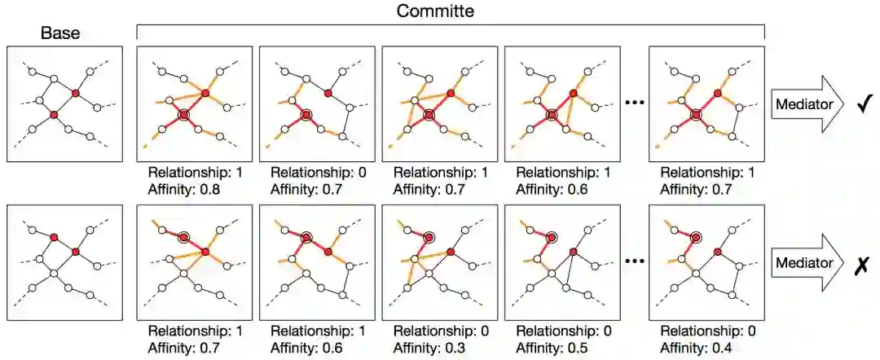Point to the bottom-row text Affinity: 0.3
(429, 349)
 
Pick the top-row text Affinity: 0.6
(552, 189)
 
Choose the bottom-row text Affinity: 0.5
(552, 349)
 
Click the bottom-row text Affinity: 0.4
(695, 349)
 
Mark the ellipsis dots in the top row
(633, 103)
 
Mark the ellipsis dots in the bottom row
(633, 264)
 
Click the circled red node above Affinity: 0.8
(183, 116)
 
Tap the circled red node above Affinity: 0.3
(429, 237)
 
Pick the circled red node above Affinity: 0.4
(697, 237)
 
